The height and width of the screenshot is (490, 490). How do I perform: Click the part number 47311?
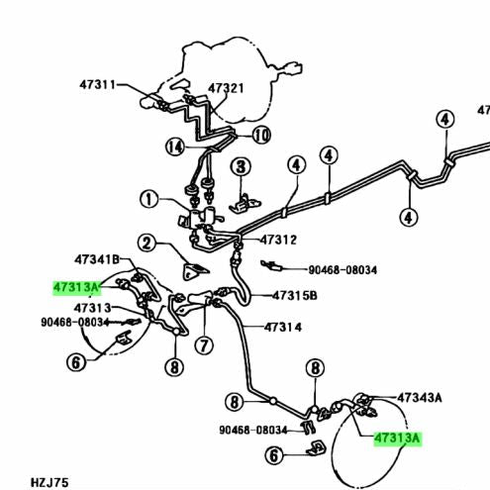tap(98, 85)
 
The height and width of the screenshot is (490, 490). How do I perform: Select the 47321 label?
tap(226, 88)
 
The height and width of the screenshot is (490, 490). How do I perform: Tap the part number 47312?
tap(279, 240)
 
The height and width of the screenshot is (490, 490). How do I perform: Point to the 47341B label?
tap(97, 259)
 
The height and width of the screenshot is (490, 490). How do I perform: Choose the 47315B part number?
tap(295, 295)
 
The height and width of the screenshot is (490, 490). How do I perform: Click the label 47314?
tap(283, 327)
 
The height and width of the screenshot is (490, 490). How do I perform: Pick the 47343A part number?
tap(420, 398)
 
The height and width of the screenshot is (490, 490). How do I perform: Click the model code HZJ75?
tap(49, 483)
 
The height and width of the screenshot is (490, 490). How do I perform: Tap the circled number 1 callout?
tap(148, 199)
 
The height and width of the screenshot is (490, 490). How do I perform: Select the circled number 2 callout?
tap(147, 244)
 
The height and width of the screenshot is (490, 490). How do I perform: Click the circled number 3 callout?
tap(241, 166)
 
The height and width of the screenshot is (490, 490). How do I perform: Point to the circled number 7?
tap(204, 345)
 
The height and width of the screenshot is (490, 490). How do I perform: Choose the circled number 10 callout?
tap(261, 135)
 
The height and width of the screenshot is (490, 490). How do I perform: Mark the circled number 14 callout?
tap(175, 147)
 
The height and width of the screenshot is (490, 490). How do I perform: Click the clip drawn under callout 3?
tap(245, 203)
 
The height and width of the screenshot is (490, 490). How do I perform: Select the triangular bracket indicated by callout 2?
tap(194, 270)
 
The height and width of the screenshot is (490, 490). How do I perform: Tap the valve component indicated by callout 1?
tap(201, 217)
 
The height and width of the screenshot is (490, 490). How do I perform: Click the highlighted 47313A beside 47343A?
tap(398, 439)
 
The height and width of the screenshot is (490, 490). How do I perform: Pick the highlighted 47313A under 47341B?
tap(77, 287)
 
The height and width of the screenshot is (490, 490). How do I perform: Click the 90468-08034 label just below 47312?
tap(343, 270)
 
